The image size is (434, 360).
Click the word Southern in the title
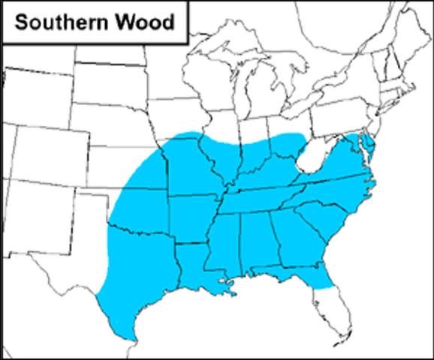[56, 22]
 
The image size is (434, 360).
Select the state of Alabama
[255, 240]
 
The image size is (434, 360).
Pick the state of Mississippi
[222, 244]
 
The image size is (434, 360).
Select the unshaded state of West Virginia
[313, 162]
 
